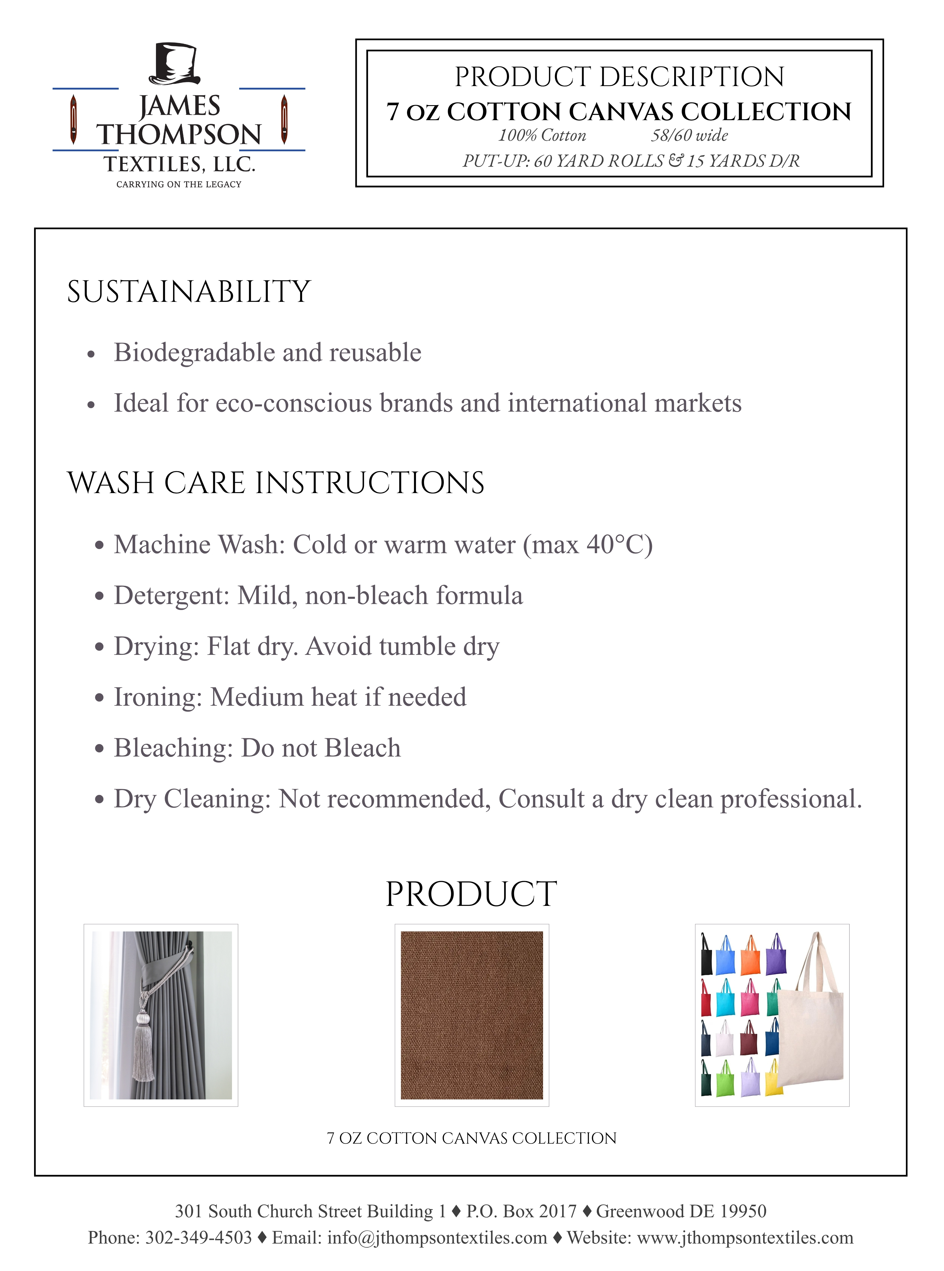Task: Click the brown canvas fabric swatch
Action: coord(471,1015)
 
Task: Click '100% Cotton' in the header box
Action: coord(542,135)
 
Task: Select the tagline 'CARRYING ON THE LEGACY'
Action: coord(179,184)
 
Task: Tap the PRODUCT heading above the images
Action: coord(471,894)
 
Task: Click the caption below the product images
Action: coord(471,1138)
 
